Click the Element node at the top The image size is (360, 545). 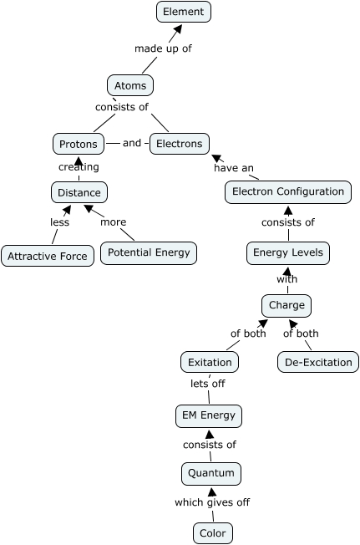click(x=184, y=12)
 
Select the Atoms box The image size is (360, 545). click(x=130, y=85)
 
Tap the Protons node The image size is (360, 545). click(x=79, y=144)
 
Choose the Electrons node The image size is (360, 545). click(x=179, y=144)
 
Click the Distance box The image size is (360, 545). click(x=79, y=192)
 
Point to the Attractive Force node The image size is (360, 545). click(x=48, y=256)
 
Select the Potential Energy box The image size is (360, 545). click(x=149, y=252)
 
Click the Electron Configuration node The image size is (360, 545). click(x=288, y=191)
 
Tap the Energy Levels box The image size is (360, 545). click(x=288, y=252)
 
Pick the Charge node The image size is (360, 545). click(x=287, y=305)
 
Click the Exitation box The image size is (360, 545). click(x=210, y=362)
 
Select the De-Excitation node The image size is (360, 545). click(x=318, y=362)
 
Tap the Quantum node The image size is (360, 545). click(x=210, y=473)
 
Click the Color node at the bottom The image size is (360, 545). click(x=213, y=532)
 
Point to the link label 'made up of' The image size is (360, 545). click(x=163, y=48)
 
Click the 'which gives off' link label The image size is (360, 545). click(x=212, y=502)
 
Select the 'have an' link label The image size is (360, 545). click(x=234, y=168)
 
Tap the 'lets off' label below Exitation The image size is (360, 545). click(x=207, y=384)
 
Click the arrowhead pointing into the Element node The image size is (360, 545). click(x=176, y=30)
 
